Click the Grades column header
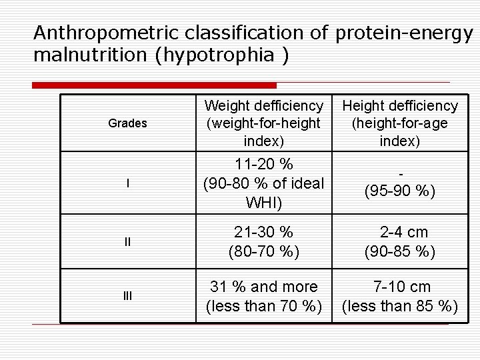point(127,123)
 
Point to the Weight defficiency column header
point(263,123)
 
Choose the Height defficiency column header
point(399,123)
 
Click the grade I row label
point(127,183)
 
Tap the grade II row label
point(127,242)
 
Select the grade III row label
point(127,296)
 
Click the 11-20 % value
point(263,164)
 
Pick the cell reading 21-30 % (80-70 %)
point(263,242)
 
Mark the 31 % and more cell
point(263,287)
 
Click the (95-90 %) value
point(399,191)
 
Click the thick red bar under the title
point(154,85)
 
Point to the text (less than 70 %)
point(263,307)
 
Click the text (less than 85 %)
point(399,307)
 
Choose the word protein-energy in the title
point(404,32)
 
